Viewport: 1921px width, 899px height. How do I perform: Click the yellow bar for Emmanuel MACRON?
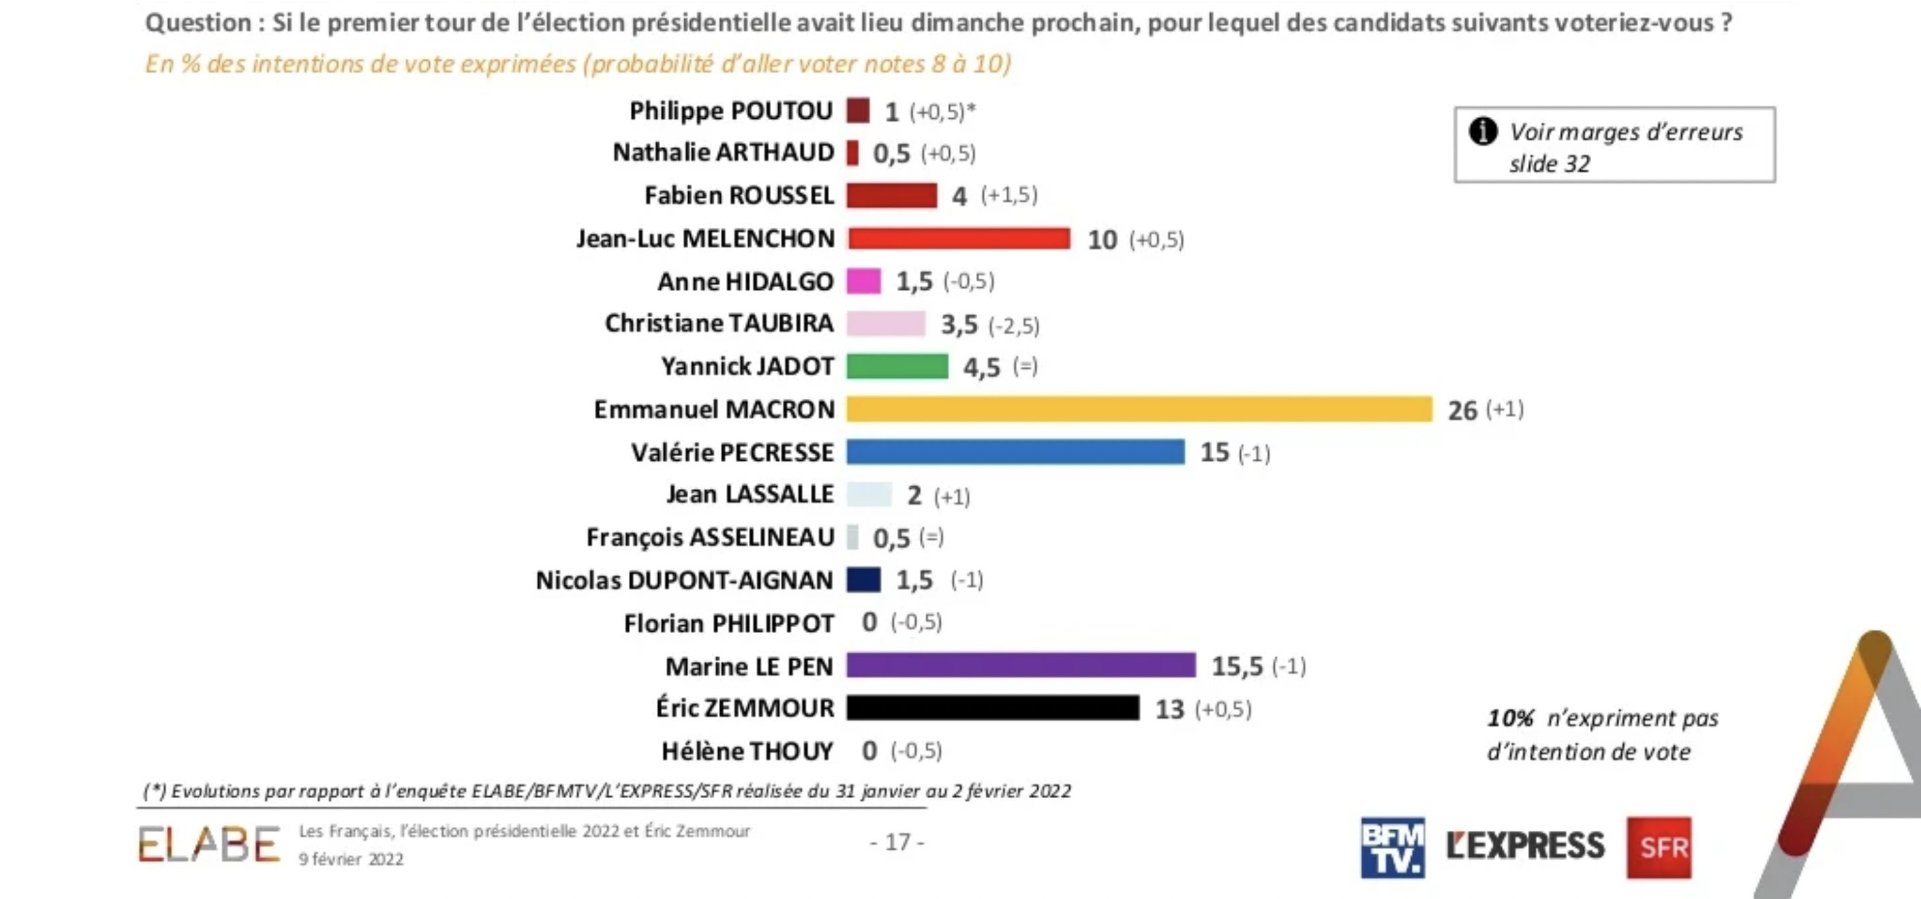(1139, 409)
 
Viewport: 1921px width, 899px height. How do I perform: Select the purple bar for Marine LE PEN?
(1020, 665)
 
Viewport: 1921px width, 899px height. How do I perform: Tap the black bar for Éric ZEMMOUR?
(993, 707)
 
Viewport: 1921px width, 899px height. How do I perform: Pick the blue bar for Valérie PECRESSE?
(1015, 452)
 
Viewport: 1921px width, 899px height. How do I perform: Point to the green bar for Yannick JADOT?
(897, 366)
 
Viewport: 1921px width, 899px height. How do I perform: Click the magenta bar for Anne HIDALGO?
(864, 281)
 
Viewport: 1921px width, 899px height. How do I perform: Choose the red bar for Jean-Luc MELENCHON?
(959, 238)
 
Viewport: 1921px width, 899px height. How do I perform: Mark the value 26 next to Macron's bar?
(1462, 410)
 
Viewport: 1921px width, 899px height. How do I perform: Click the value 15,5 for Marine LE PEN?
(1236, 665)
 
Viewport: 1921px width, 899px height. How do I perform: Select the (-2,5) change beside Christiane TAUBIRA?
(1013, 325)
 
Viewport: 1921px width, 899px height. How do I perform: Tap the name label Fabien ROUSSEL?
(738, 196)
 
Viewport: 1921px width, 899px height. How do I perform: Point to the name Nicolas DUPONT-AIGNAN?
(684, 580)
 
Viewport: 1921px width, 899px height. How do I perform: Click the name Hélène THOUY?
(746, 751)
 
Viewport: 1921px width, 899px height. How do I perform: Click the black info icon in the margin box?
(1482, 132)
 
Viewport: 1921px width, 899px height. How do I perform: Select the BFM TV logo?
(1392, 847)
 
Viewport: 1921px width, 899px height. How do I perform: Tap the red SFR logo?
(1659, 847)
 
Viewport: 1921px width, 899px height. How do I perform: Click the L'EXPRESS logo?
(1525, 846)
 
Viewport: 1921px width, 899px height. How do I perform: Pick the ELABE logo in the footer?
(209, 844)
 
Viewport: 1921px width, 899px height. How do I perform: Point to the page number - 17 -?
(897, 842)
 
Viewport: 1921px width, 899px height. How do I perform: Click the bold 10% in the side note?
(1510, 719)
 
